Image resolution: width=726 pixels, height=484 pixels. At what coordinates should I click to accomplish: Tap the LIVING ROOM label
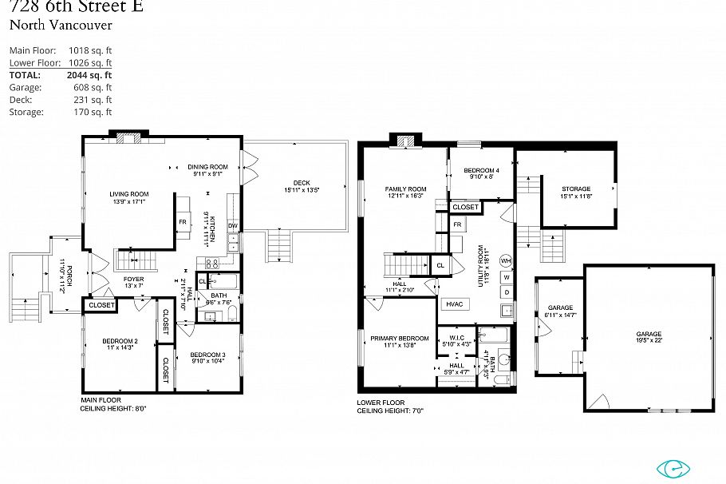click(x=129, y=194)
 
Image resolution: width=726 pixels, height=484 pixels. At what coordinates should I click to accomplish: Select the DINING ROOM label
click(x=208, y=167)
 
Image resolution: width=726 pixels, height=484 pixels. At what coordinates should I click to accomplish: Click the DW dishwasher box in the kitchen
click(x=233, y=226)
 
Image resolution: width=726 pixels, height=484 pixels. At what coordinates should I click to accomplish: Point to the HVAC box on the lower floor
click(x=454, y=304)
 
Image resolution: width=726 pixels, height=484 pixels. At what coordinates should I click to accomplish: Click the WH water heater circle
click(x=506, y=260)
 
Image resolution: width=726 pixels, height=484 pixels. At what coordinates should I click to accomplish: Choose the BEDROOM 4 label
click(x=481, y=171)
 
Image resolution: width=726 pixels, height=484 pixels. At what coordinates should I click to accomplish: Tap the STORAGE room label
click(x=576, y=189)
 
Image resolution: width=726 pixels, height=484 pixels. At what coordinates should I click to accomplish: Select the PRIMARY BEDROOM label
click(x=400, y=339)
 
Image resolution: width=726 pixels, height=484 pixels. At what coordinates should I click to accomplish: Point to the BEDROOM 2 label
click(x=120, y=342)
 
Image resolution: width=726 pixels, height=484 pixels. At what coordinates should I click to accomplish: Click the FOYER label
click(x=133, y=279)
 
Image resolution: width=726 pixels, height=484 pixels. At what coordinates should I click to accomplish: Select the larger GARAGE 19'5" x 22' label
click(x=649, y=335)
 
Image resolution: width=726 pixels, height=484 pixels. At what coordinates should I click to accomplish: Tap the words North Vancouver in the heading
click(x=61, y=25)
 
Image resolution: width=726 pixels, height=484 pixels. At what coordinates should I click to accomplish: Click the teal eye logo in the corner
click(x=673, y=469)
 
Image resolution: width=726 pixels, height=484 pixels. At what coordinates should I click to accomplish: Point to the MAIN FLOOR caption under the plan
click(x=101, y=400)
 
